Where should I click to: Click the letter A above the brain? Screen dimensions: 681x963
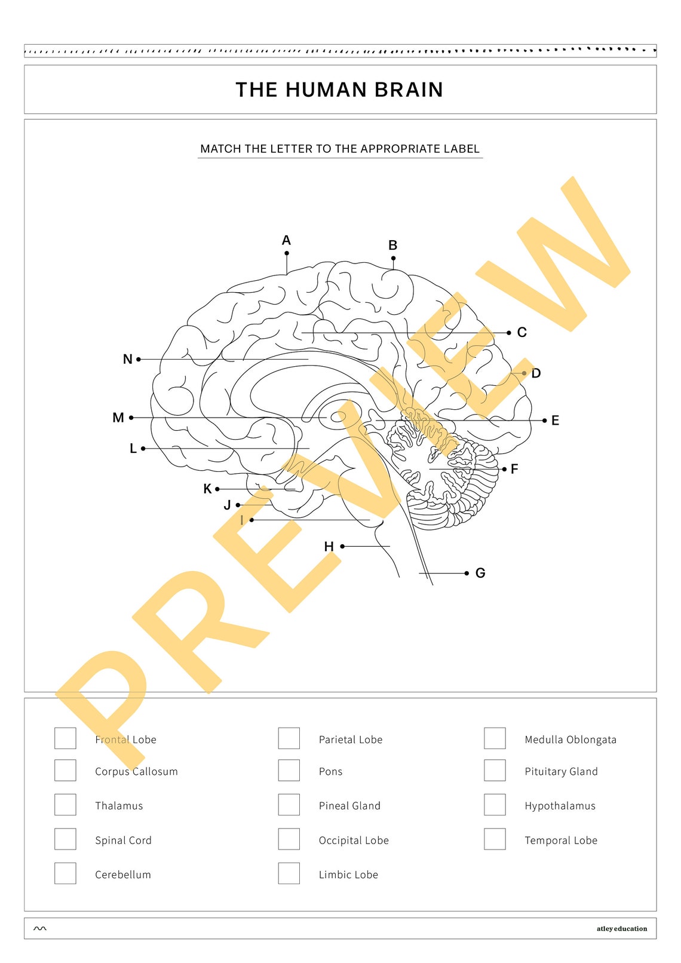tap(286, 240)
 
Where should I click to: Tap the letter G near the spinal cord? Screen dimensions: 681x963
tap(480, 573)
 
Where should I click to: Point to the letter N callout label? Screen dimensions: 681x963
tap(127, 360)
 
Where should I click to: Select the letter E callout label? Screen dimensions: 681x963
tap(555, 421)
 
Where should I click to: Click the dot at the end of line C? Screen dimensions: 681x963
tap(509, 333)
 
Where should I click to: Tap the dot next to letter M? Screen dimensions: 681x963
tap(131, 418)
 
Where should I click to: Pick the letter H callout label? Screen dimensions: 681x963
tap(329, 547)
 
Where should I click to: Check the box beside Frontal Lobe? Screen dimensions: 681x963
tap(65, 738)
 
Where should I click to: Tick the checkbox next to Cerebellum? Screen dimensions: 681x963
tap(65, 873)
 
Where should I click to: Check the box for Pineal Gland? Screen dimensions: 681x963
tap(289, 805)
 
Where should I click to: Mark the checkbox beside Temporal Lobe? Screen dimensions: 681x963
tap(495, 839)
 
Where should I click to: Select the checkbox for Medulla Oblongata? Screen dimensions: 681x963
tap(495, 738)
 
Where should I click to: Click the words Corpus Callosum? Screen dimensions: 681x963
tap(136, 772)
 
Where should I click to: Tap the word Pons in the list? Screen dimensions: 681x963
tap(330, 772)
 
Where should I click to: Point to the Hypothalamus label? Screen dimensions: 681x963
tap(560, 806)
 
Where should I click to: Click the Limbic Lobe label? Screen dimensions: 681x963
tap(348, 875)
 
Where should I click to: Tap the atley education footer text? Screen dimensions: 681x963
tap(621, 929)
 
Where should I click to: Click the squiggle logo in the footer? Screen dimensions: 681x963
tap(40, 929)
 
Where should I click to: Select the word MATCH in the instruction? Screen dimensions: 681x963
tap(220, 149)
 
